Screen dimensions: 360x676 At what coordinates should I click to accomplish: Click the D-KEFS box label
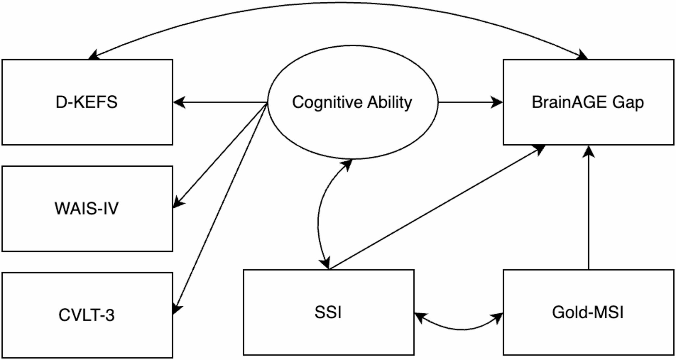click(86, 102)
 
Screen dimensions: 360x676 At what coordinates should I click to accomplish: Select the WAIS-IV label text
click(86, 208)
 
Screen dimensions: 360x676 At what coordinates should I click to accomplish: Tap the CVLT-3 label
click(86, 315)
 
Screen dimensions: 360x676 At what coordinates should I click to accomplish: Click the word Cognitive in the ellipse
click(327, 102)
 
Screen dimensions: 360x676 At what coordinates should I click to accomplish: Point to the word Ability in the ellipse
click(390, 102)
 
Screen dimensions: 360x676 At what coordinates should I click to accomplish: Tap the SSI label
click(328, 312)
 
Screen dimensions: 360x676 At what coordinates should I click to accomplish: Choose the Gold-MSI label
click(588, 312)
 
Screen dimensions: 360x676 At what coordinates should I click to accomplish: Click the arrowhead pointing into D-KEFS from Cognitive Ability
click(179, 102)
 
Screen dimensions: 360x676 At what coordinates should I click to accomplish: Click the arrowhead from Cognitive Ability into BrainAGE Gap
click(497, 102)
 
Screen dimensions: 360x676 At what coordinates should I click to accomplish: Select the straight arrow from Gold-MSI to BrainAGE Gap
click(589, 210)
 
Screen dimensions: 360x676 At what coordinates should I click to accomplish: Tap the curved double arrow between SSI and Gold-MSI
click(460, 328)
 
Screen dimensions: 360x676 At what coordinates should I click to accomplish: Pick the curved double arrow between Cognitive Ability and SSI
click(319, 214)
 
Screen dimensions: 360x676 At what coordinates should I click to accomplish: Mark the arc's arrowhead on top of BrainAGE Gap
click(583, 56)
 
